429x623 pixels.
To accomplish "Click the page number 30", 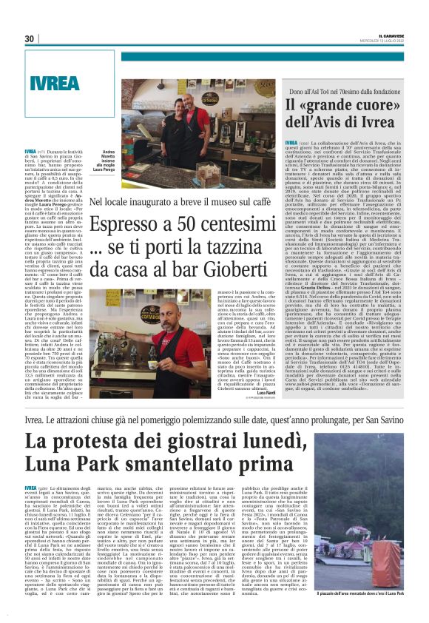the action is click(30, 38).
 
